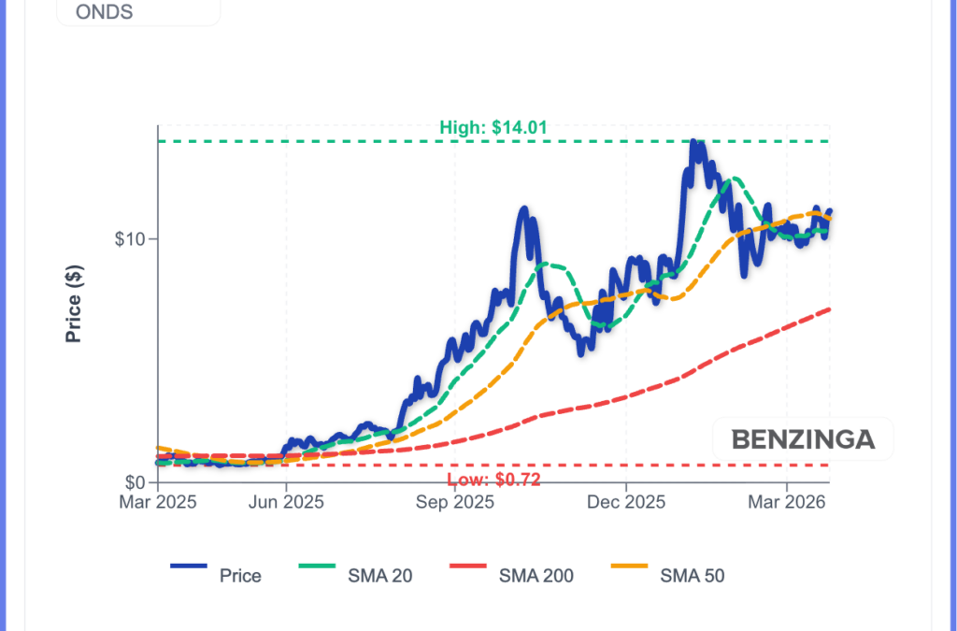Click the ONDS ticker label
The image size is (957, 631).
point(104,12)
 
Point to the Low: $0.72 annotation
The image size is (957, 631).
point(493,480)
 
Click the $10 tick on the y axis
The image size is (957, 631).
point(130,238)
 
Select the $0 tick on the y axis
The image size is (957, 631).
point(136,482)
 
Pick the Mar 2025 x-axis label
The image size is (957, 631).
point(157,503)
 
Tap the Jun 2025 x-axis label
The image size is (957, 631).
point(286,503)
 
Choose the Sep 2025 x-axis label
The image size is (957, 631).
point(455,503)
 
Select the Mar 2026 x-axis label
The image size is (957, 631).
point(787,503)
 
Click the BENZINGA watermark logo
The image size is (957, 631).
point(802,439)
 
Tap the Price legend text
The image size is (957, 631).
point(240,576)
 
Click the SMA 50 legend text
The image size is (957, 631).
point(693,576)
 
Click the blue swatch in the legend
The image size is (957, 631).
point(188,566)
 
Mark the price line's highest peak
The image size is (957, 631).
point(693,141)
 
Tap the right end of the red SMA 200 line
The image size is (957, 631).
point(830,309)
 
